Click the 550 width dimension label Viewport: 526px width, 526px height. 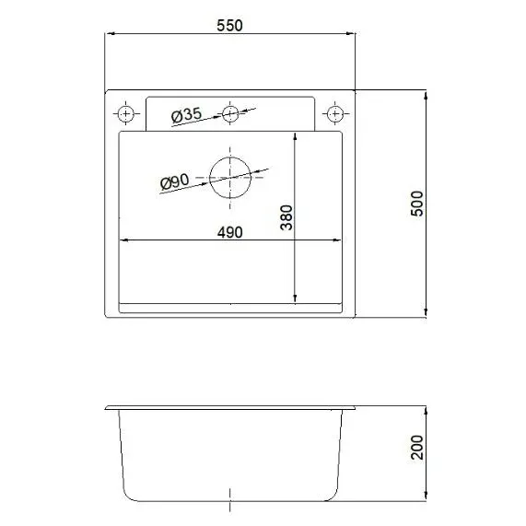coord(229,26)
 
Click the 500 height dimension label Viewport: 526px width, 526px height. coord(416,203)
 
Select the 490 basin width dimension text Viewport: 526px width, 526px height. coord(229,233)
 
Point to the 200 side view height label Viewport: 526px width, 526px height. coord(415,449)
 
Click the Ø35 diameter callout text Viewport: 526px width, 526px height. coord(187,115)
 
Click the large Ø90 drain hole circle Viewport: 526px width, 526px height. coord(230,177)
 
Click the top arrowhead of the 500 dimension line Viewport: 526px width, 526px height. coord(427,95)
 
